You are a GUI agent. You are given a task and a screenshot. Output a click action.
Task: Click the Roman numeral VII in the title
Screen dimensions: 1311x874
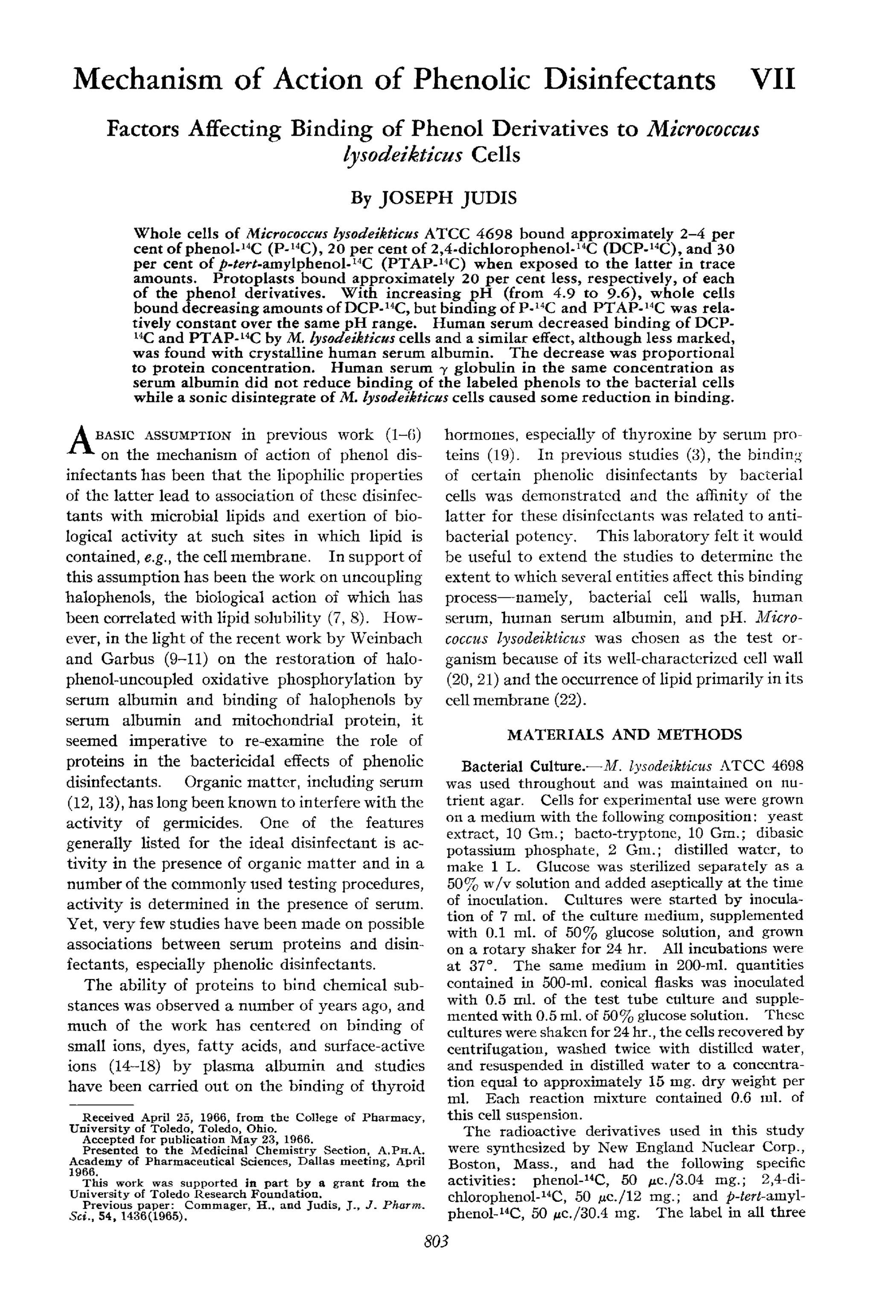tap(772, 79)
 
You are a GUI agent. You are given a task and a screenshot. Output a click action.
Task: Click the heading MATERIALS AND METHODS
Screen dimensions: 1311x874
tap(624, 734)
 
